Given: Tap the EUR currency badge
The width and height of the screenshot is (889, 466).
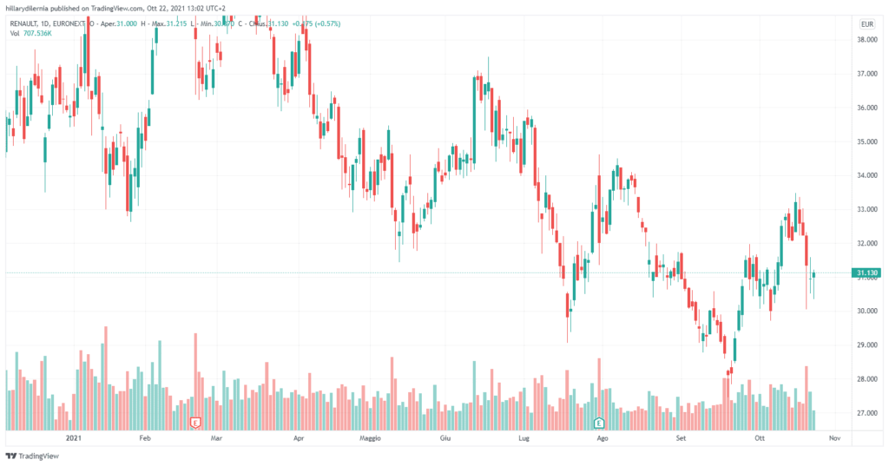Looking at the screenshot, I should pos(865,23).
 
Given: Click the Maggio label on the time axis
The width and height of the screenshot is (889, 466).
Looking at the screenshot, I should pos(371,440).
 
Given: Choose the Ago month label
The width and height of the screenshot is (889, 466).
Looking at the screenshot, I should pos(601,440).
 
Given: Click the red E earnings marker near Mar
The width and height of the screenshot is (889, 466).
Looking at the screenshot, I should pos(195,423).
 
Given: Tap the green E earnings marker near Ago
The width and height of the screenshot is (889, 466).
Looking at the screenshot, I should pos(598,423).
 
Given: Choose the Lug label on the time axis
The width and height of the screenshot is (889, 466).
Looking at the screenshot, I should pos(524,440).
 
